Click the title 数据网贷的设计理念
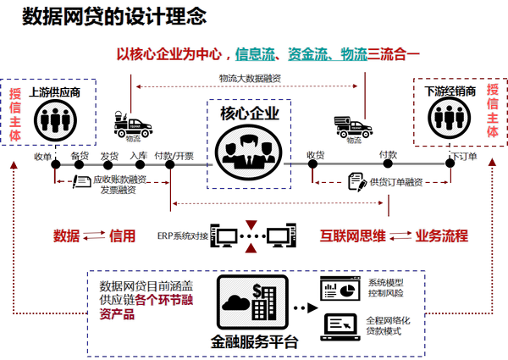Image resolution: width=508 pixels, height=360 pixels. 114,16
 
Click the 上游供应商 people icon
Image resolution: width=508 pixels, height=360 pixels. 55,120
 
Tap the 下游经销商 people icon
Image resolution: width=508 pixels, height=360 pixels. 449,118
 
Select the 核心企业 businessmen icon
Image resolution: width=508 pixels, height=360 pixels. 249,152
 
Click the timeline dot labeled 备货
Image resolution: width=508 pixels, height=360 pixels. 79,164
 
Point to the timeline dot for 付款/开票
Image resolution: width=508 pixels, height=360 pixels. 170,164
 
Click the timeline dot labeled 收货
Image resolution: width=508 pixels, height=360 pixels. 312,164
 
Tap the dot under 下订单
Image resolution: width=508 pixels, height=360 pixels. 450,163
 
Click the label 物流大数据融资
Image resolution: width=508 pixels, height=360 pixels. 250,78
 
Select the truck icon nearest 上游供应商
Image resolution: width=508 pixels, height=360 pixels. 133,125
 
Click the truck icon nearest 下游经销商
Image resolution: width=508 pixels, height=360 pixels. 353,127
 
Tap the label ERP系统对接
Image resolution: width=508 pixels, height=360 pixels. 182,235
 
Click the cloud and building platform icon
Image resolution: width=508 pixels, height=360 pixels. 252,302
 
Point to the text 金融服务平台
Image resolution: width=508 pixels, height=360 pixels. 254,342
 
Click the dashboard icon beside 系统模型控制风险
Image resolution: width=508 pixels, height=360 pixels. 340,288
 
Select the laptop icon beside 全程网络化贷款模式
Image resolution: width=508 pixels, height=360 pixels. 340,327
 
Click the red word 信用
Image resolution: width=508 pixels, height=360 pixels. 122,235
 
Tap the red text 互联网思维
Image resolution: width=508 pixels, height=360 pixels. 353,235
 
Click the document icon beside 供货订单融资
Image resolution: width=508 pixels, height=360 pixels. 357,182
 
